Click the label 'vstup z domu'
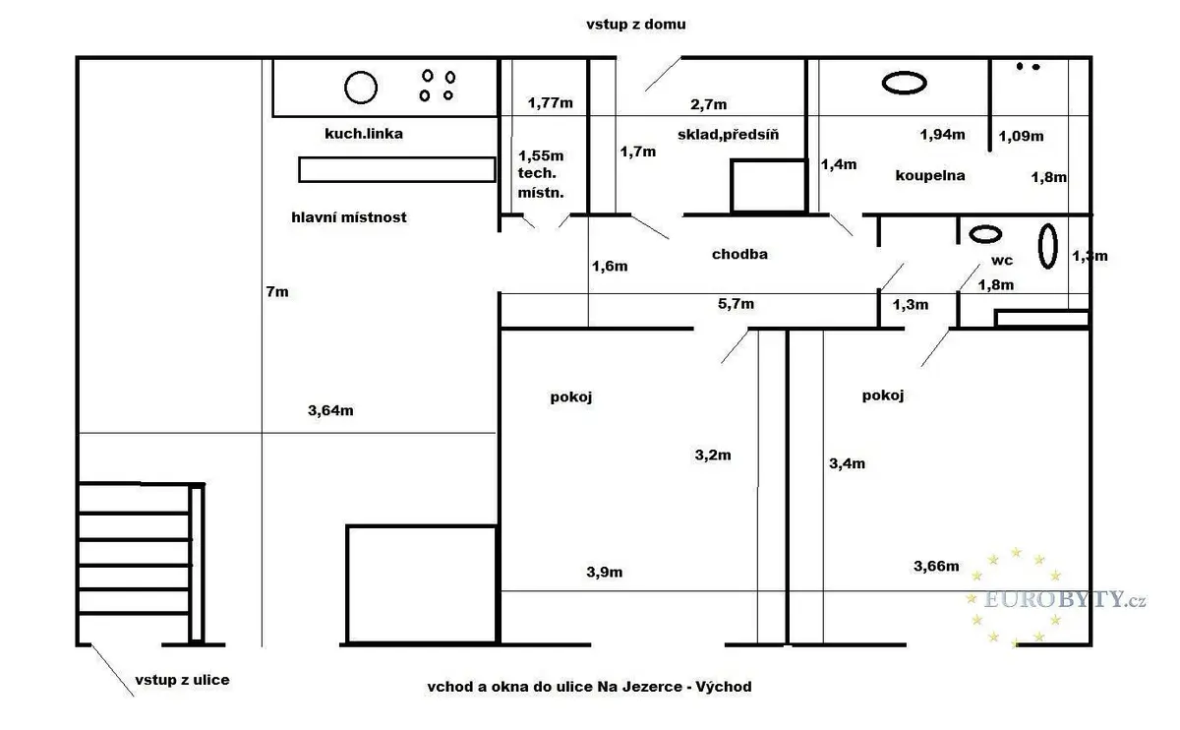(636, 25)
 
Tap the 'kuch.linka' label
(364, 134)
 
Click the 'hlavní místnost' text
(349, 217)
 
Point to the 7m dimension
(277, 291)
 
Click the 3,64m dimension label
(330, 410)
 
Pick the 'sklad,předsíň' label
(728, 135)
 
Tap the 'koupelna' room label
(930, 175)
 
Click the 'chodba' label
(739, 254)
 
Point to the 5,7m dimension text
(736, 304)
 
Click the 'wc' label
(1001, 261)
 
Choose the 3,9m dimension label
(604, 572)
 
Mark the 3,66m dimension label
(936, 566)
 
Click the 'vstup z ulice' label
(182, 680)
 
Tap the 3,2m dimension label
(713, 455)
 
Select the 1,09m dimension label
(1021, 136)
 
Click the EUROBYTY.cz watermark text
(1064, 600)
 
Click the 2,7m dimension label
(709, 104)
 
